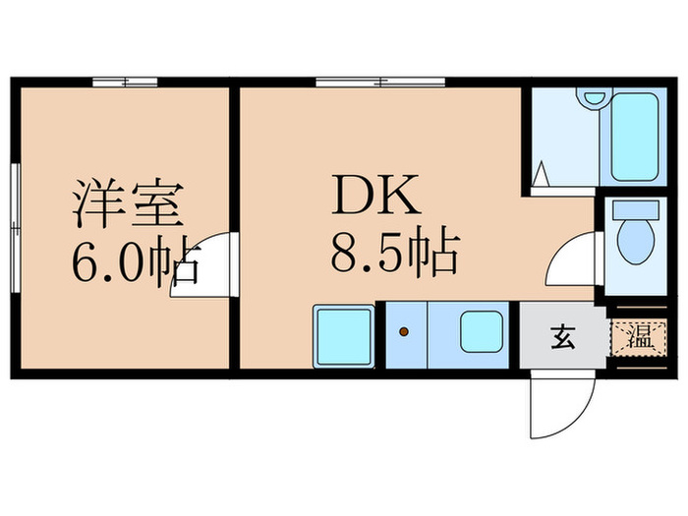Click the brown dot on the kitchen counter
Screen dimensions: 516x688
click(403, 331)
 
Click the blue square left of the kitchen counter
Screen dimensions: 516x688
click(343, 337)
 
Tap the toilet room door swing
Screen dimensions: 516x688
click(574, 260)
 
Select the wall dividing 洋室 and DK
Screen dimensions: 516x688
click(235, 226)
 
